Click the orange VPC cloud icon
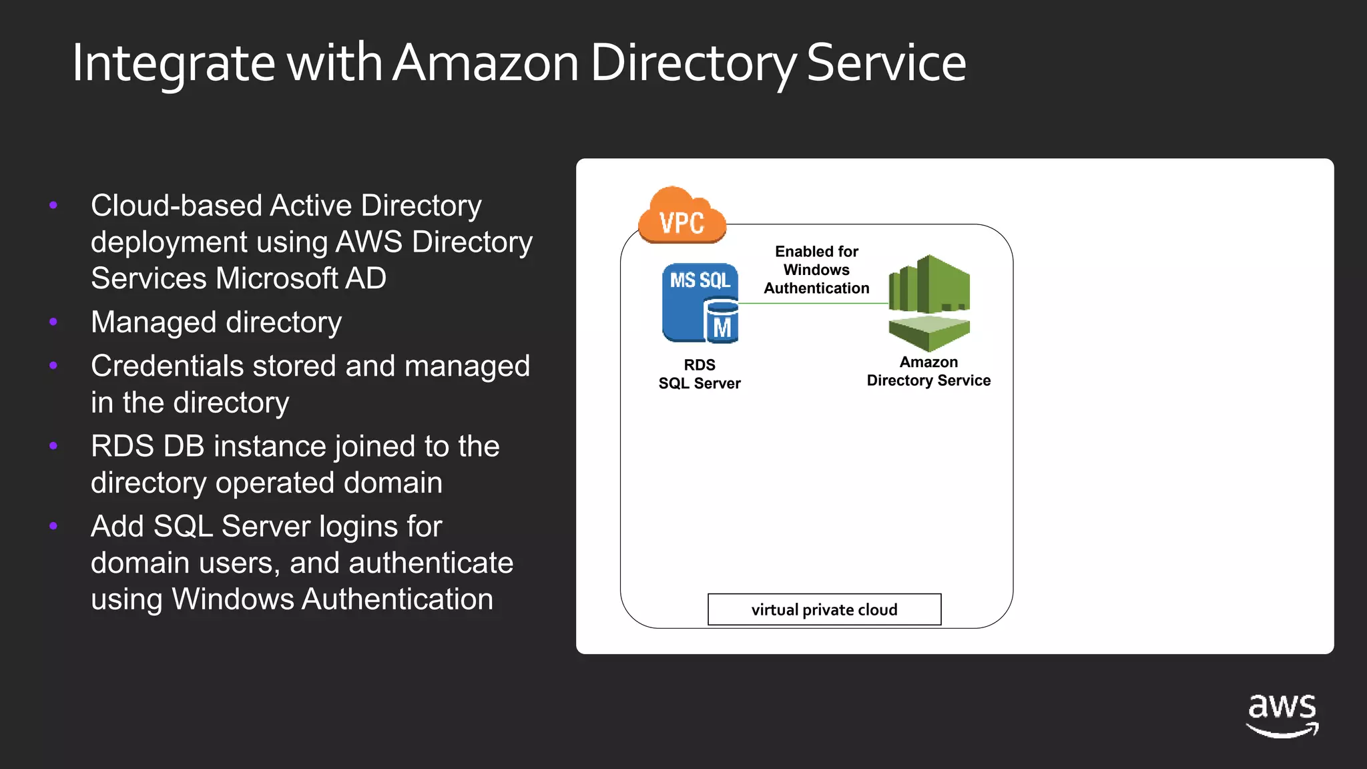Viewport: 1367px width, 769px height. pos(681,216)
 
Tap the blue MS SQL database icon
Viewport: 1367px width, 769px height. pos(699,302)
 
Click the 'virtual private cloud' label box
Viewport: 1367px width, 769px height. pos(824,609)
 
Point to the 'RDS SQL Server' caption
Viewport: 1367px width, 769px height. pos(700,374)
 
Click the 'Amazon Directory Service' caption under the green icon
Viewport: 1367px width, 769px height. pos(928,371)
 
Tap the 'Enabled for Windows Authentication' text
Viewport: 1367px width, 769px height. pos(816,270)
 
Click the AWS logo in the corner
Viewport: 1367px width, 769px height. pos(1282,715)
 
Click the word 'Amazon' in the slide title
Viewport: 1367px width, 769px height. pos(485,63)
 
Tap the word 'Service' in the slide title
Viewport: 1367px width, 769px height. pos(886,63)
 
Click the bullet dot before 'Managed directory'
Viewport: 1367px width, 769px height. pos(53,322)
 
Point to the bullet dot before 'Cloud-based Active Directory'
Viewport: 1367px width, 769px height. pos(53,205)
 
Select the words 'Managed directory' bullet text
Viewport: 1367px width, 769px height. pos(216,322)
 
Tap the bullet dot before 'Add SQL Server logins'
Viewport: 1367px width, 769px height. pos(53,526)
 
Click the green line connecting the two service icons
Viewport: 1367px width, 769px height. pos(813,303)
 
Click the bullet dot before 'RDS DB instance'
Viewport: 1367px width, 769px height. pos(53,446)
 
